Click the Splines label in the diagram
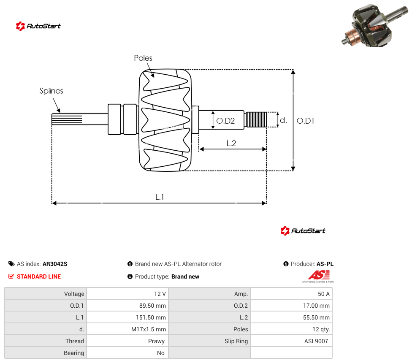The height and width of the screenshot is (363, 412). coord(51,91)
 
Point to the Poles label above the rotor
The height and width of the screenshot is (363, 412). coord(143,58)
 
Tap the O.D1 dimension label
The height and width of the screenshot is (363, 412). coord(305,121)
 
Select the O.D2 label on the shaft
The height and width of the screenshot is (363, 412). coord(225,121)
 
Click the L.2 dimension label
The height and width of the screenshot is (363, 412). coord(231,143)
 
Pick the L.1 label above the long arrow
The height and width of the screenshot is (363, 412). coord(160,197)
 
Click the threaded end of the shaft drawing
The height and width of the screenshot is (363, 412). coord(255,120)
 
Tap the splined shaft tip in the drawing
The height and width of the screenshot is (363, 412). coord(67,119)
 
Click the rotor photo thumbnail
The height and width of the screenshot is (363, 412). coord(375,25)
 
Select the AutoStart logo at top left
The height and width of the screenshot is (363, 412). coord(38,26)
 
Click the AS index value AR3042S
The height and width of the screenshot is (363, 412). coord(55,264)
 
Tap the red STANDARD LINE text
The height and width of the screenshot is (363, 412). coord(39,276)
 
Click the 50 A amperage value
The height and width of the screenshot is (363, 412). coord(323,294)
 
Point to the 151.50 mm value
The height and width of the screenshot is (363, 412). coord(151,317)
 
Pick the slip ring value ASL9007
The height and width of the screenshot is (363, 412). coord(316,341)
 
